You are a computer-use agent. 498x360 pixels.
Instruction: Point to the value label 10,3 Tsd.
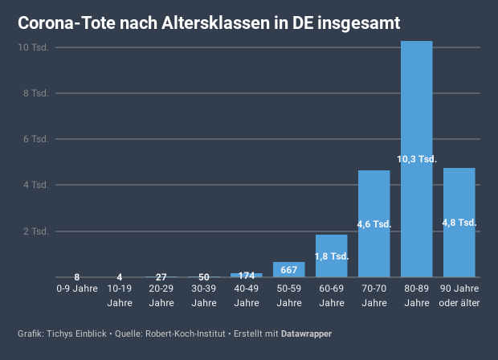416,159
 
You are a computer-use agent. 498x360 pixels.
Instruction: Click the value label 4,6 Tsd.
373,224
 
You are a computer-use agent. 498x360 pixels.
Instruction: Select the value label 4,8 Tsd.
459,223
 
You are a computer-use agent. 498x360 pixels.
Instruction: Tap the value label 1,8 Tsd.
331,256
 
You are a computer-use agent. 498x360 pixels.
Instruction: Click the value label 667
289,269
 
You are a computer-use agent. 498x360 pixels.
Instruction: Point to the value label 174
247,276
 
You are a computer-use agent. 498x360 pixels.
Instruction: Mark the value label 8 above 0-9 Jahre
77,277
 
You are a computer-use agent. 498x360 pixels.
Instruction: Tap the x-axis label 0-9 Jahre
77,288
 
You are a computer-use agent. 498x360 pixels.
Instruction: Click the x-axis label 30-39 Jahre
204,295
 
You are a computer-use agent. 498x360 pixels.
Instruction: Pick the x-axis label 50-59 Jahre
289,295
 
